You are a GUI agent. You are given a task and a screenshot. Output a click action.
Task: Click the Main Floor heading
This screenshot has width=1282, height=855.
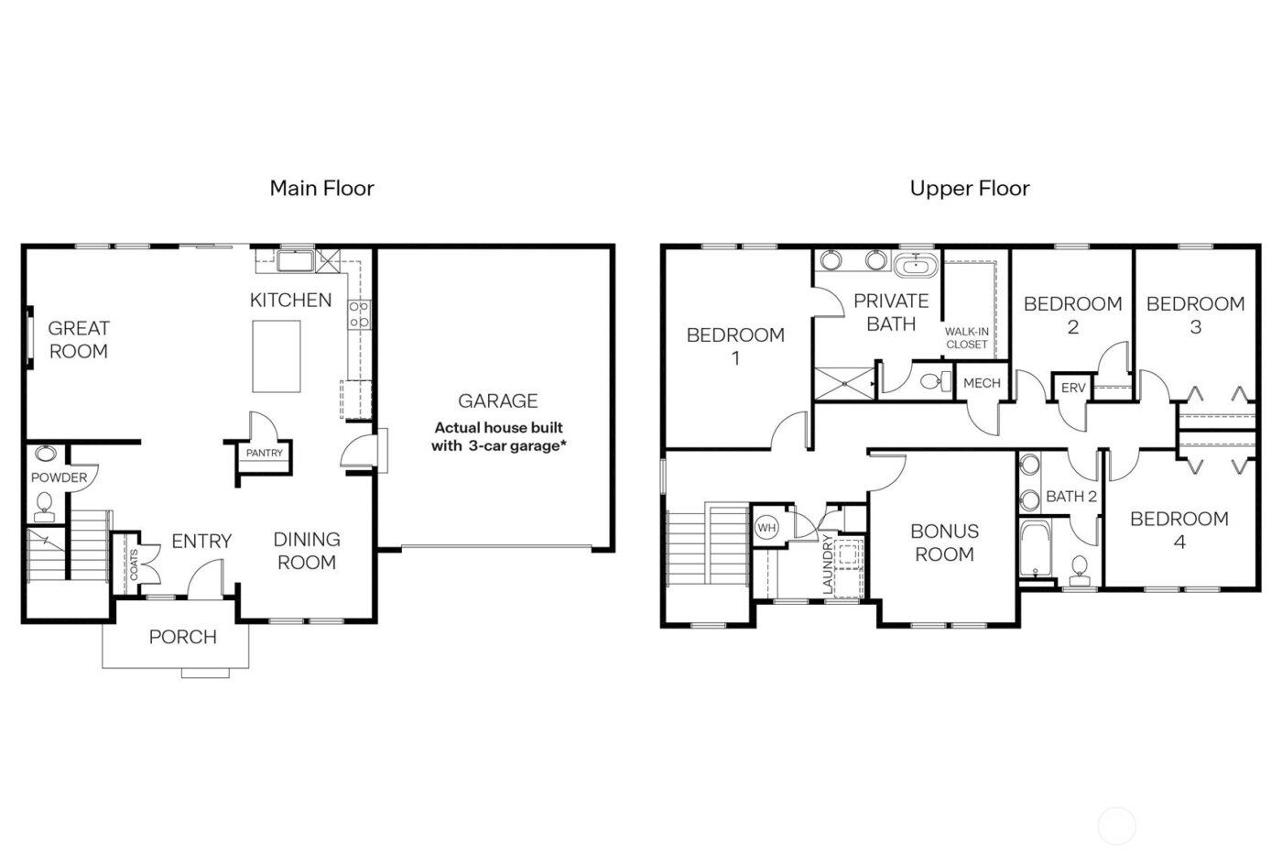click(321, 189)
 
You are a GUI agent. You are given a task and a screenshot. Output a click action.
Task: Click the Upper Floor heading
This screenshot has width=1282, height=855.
click(969, 189)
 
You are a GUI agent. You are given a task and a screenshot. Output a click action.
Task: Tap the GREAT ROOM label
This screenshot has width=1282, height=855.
click(79, 339)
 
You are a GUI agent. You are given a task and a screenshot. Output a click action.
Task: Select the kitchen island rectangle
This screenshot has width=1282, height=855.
click(277, 356)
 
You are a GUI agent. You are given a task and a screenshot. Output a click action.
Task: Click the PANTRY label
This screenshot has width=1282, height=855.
click(265, 453)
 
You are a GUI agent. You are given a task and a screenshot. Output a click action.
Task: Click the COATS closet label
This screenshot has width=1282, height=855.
click(134, 565)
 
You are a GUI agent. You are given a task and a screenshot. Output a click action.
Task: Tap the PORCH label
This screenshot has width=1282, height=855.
click(183, 637)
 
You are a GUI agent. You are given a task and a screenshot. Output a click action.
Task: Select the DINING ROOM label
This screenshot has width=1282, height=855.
click(307, 551)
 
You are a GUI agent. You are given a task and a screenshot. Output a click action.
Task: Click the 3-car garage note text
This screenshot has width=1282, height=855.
click(498, 437)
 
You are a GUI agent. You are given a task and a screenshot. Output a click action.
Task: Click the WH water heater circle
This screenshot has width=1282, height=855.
click(766, 528)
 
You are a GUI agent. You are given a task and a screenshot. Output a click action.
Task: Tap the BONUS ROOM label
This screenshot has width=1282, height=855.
click(944, 543)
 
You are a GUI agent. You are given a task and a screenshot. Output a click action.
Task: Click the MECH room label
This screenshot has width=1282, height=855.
click(982, 383)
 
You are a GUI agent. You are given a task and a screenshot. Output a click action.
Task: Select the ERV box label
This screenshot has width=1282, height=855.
click(1072, 389)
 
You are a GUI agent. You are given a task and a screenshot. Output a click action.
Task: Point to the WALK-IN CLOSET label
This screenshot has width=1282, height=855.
click(967, 338)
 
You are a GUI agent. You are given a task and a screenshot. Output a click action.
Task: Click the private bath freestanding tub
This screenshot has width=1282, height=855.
click(915, 268)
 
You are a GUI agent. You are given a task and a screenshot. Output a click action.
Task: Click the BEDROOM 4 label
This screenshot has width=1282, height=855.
click(1179, 530)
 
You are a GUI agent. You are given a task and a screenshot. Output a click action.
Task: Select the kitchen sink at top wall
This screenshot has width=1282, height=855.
click(295, 263)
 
